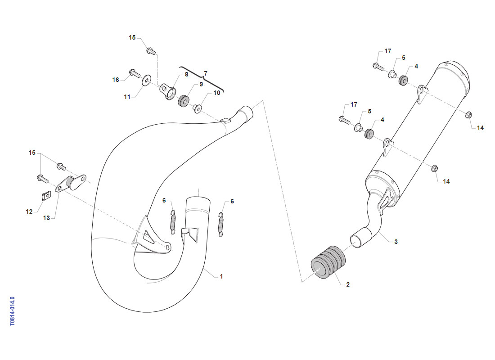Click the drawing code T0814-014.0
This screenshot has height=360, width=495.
point(12,311)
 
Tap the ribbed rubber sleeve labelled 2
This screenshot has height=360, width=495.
point(328,262)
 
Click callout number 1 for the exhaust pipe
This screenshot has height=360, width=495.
point(221,276)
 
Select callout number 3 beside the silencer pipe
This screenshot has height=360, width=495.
point(396,242)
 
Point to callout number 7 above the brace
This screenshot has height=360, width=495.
point(206,73)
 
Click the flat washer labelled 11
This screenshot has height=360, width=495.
point(147,80)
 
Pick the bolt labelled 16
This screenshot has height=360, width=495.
point(135,73)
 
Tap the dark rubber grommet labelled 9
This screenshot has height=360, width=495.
point(184,100)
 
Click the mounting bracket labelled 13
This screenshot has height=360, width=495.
point(71,183)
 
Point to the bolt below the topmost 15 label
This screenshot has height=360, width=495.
point(151,51)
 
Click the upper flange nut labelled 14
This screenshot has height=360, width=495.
point(469,115)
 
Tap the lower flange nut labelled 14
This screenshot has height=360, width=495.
point(435,168)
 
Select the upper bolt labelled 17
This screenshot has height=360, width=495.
point(378,67)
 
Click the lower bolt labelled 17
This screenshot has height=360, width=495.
point(344,120)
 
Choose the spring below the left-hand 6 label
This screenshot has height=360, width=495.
point(173,222)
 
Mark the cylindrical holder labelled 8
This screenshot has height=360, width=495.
point(168,91)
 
